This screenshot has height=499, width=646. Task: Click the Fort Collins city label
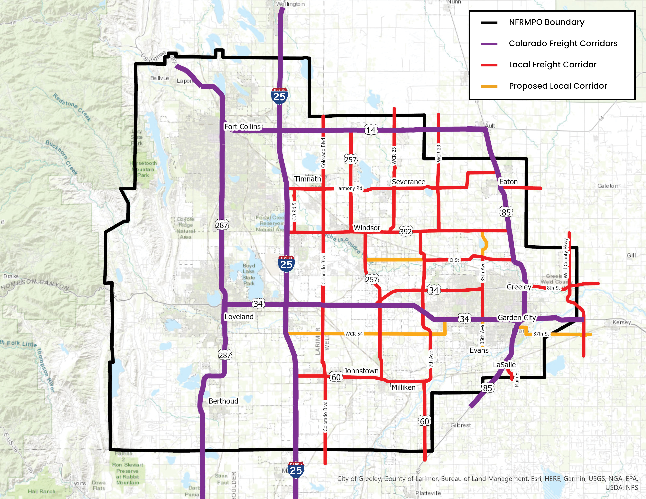[x=243, y=127]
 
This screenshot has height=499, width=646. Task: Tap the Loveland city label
[x=239, y=317]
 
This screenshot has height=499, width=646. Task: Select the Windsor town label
[x=367, y=228]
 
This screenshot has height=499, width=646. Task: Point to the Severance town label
[x=408, y=182]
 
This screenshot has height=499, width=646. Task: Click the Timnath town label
[x=308, y=179]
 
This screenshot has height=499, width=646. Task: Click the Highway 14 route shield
[x=371, y=130]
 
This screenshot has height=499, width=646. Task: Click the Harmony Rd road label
[x=348, y=188]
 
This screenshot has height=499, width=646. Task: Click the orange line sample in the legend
[x=489, y=86]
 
